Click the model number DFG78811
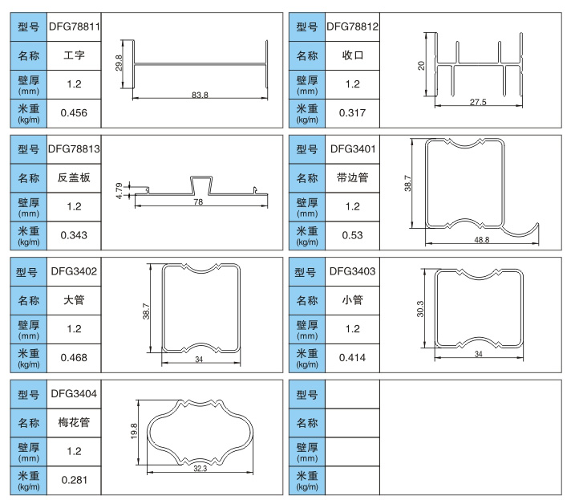(75, 26)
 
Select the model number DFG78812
(352, 26)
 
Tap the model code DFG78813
(75, 148)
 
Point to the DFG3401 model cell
(352, 148)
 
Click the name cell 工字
(75, 56)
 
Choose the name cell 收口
(352, 56)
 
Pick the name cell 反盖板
(75, 178)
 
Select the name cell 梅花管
(75, 422)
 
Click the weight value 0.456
(75, 113)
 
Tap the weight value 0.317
(352, 113)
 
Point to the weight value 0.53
(352, 235)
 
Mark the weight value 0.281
(75, 479)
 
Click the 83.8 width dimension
(200, 96)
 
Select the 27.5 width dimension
(478, 102)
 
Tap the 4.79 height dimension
(119, 189)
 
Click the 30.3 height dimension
(420, 309)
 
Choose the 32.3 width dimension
(200, 469)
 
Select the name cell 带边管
(352, 178)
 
